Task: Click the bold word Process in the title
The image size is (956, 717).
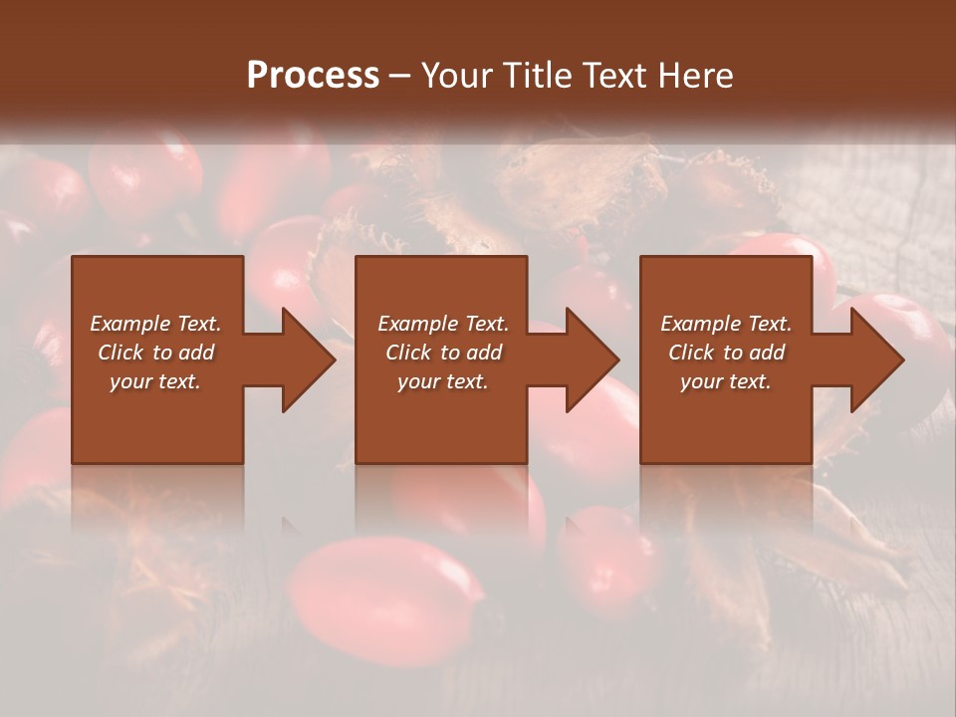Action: point(313,76)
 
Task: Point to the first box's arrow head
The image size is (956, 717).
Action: point(309,359)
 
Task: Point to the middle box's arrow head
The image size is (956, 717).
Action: point(593,359)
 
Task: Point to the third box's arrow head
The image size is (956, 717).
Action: point(877,359)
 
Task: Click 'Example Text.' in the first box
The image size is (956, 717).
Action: point(155,324)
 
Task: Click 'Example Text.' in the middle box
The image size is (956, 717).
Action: point(443,324)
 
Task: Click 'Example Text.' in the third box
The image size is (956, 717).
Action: point(726,324)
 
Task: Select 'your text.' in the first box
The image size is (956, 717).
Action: point(155,381)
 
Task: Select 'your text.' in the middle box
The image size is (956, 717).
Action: point(443,381)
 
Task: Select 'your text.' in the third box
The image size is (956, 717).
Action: point(726,381)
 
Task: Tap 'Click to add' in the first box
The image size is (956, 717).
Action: point(155,353)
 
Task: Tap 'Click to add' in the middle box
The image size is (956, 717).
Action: point(443,353)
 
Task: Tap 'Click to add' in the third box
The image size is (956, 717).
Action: point(726,353)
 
